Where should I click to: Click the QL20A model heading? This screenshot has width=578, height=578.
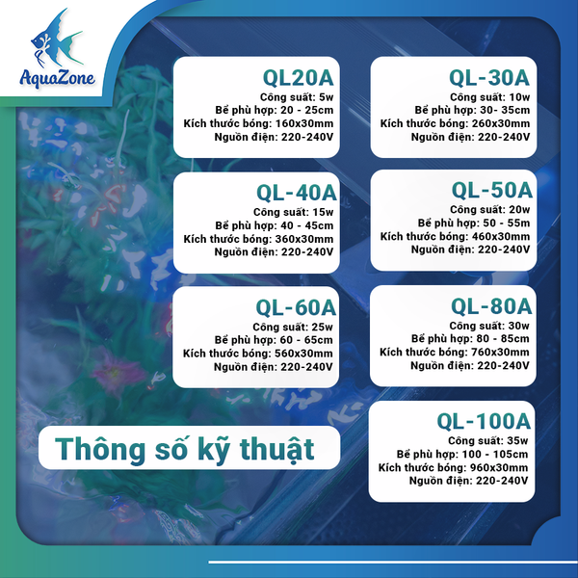(x=299, y=77)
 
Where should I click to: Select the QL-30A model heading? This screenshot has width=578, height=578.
(x=489, y=76)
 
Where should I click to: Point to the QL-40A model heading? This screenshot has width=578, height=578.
(x=296, y=192)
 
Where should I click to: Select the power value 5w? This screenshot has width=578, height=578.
(x=325, y=96)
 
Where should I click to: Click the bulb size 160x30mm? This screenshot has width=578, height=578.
(x=299, y=123)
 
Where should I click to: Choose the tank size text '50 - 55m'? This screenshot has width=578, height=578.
(x=501, y=222)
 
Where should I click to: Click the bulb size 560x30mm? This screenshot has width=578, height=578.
(x=299, y=354)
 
